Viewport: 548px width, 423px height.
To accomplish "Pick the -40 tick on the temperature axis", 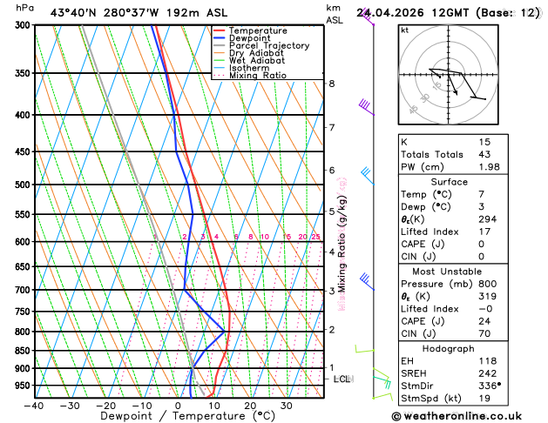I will click(x=34, y=406).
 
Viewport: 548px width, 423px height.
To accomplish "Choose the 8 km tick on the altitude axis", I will click(x=332, y=84).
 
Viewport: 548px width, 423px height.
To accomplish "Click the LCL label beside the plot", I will click(x=342, y=379).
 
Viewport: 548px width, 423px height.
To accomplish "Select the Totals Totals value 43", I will click(x=484, y=154).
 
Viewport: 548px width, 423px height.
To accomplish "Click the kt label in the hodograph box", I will click(x=404, y=30).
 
